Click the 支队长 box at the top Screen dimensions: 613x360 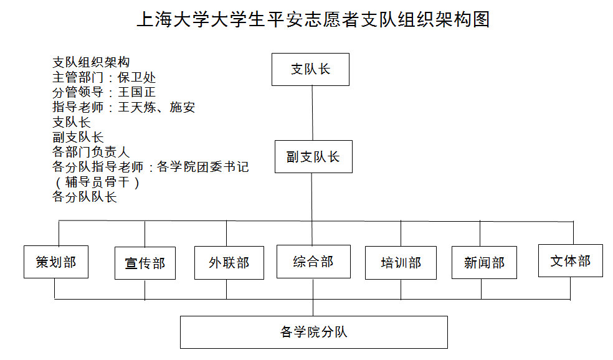[310, 70]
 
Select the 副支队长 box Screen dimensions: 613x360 [313, 157]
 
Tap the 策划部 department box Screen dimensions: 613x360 [56, 262]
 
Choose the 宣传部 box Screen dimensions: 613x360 [145, 263]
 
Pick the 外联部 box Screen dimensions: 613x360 [229, 263]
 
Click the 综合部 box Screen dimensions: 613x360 [313, 262]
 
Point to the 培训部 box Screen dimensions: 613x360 [401, 263]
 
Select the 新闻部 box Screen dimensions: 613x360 [485, 262]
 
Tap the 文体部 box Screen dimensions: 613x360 [571, 261]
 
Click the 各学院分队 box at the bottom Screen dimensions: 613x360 [314, 332]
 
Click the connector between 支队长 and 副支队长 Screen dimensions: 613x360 [312, 113]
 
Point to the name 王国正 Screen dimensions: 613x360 [137, 92]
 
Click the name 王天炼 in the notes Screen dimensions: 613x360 [137, 107]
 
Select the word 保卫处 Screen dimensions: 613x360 [137, 77]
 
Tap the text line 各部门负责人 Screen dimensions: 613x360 [91, 152]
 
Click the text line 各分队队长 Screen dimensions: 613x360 [85, 197]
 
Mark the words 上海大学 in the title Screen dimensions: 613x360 [174, 19]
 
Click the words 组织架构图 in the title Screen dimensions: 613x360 [444, 19]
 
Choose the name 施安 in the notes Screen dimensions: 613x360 [182, 107]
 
